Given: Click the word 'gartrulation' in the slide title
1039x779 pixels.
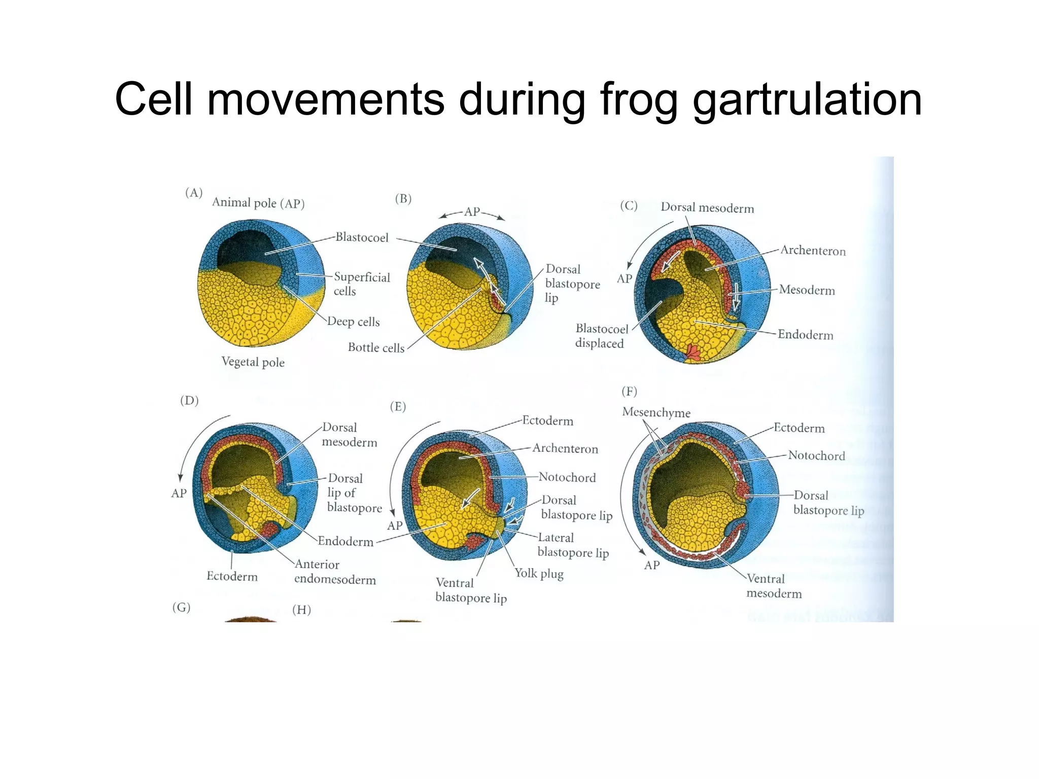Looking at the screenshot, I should [807, 100].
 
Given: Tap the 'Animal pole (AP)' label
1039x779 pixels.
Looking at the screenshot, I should [258, 203].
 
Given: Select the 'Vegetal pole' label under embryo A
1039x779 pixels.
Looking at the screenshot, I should [253, 362].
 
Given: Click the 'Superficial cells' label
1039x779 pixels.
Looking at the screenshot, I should [361, 284].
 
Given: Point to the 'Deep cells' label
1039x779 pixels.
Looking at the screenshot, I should [353, 322].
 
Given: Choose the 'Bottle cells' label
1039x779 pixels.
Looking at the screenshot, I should [376, 347].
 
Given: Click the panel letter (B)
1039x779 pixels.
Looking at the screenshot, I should [403, 199].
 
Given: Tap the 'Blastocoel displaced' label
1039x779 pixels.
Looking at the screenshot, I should [601, 336].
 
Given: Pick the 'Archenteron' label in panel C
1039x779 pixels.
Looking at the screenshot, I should [813, 251].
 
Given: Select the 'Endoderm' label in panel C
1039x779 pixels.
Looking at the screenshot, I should [805, 335].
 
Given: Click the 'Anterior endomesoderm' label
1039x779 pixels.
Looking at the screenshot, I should [334, 572].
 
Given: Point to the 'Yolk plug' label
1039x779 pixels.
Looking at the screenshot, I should [539, 574].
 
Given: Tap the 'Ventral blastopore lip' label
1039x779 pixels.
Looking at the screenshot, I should [470, 590].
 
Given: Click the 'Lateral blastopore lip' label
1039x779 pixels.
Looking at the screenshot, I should [573, 545].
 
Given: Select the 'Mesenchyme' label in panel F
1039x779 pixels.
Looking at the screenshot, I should [656, 412].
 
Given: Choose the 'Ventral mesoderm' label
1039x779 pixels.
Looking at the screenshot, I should [774, 586].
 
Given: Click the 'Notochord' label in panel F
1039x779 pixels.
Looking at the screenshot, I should [816, 455].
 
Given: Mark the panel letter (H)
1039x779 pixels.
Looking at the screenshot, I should [301, 610].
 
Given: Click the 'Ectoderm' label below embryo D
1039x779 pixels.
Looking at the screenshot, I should [232, 576].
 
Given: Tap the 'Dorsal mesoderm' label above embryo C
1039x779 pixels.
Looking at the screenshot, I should [707, 208].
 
